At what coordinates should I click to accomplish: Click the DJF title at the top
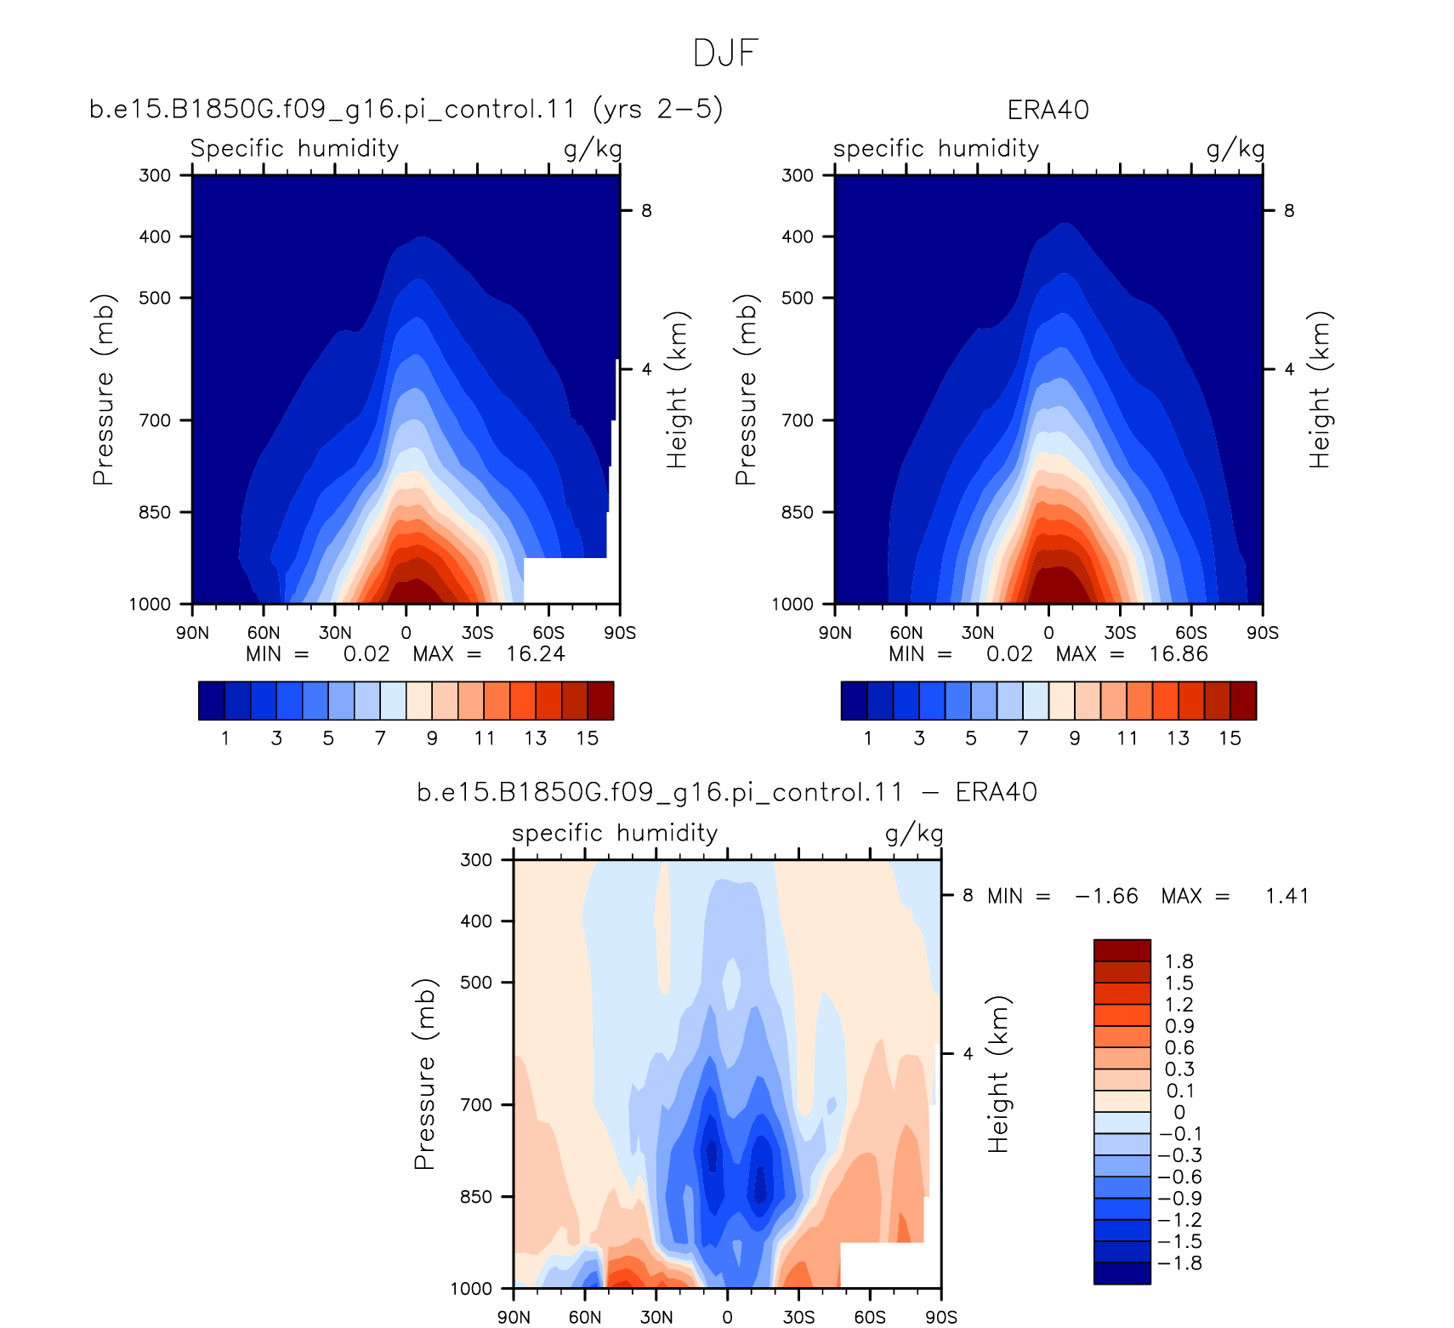pos(725,53)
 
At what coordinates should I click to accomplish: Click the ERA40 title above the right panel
pos(1048,110)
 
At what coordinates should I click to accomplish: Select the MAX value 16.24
pos(536,653)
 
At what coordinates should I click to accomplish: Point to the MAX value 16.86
pos(1179,653)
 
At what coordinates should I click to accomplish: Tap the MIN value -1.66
pos(1106,896)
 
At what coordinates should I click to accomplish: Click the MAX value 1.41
pos(1286,896)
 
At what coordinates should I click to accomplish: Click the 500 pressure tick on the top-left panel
pos(155,298)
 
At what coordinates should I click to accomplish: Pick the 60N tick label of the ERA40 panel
pos(906,633)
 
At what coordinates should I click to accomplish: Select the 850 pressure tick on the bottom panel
pos(476,1196)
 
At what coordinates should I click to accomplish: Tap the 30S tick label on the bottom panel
pos(798,1317)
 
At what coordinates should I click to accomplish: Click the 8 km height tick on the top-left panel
pos(646,210)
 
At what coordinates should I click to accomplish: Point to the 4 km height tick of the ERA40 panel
pos(1289,369)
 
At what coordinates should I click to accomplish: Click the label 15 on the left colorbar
pos(588,738)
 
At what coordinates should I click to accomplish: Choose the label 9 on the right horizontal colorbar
pos(1075,738)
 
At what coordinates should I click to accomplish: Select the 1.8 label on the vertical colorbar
pos(1179,961)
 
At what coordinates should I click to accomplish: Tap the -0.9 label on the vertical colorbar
pos(1180,1198)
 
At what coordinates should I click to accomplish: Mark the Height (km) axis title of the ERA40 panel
pos(1319,390)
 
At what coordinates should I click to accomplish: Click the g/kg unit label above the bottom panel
pos(914,834)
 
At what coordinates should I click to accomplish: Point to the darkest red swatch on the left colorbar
pos(600,701)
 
